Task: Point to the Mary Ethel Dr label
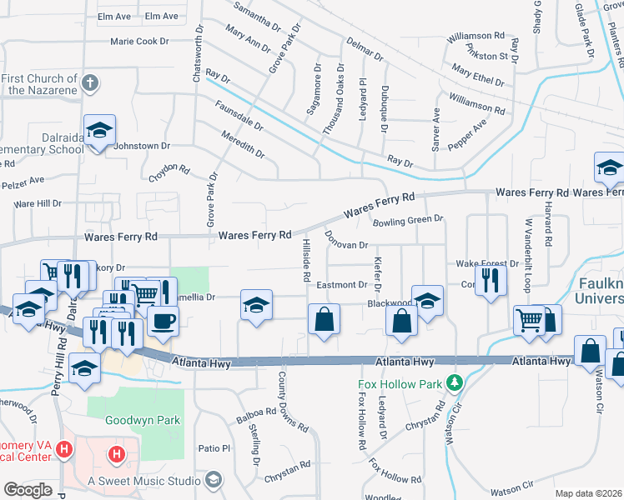tap(477, 77)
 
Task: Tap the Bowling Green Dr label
tap(408, 220)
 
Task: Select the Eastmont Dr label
tap(342, 285)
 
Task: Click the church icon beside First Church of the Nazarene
tap(91, 82)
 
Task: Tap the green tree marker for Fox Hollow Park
tap(454, 384)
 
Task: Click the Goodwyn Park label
tap(143, 421)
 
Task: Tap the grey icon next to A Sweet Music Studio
tap(214, 480)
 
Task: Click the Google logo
tap(28, 490)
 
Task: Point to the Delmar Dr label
tap(364, 48)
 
